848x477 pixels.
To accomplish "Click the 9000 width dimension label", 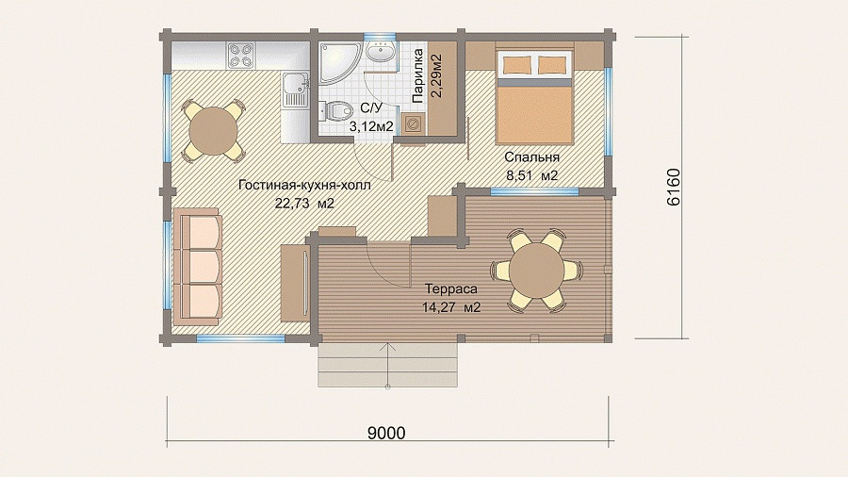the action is coord(386,434).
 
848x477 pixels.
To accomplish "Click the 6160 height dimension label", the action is coord(674,187).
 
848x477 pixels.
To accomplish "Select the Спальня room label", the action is coord(531,157).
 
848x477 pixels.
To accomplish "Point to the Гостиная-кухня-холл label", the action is coord(304,185).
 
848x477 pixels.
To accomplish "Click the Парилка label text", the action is coord(417,75).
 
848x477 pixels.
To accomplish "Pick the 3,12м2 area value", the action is coord(371,127).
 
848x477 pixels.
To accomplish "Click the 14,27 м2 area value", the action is coord(451,307).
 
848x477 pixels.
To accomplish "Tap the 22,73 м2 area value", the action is coord(304,204).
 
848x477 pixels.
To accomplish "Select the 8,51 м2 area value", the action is coord(531,175).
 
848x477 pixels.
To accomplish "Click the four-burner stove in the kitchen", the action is coord(240,56).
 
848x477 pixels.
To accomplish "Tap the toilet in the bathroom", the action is coord(335,111).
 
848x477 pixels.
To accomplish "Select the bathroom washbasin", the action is coord(381,53).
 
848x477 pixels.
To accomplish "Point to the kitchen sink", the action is coord(295,90).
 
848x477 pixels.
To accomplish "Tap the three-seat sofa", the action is coord(198,267).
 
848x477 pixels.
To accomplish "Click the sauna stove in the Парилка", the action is coord(414,123).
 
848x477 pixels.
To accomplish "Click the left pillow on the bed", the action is coord(515,65).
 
